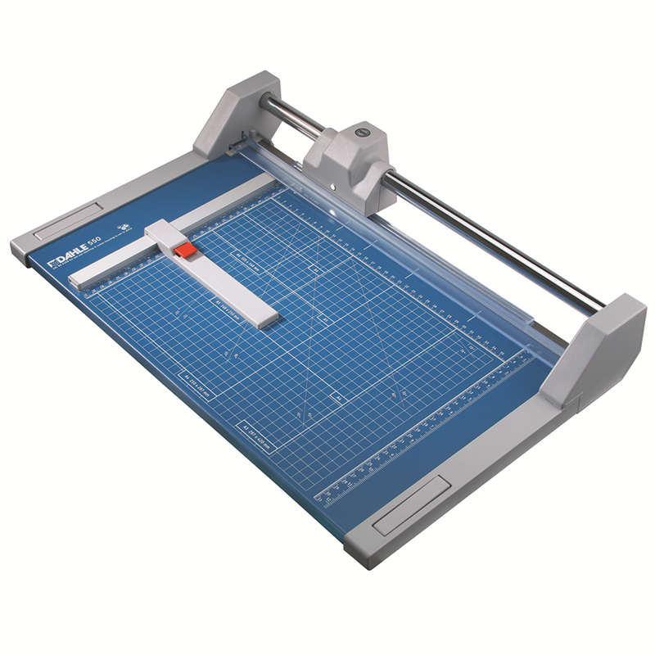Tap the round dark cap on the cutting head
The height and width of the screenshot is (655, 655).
[360, 130]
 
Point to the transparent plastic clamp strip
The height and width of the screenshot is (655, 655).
[409, 246]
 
